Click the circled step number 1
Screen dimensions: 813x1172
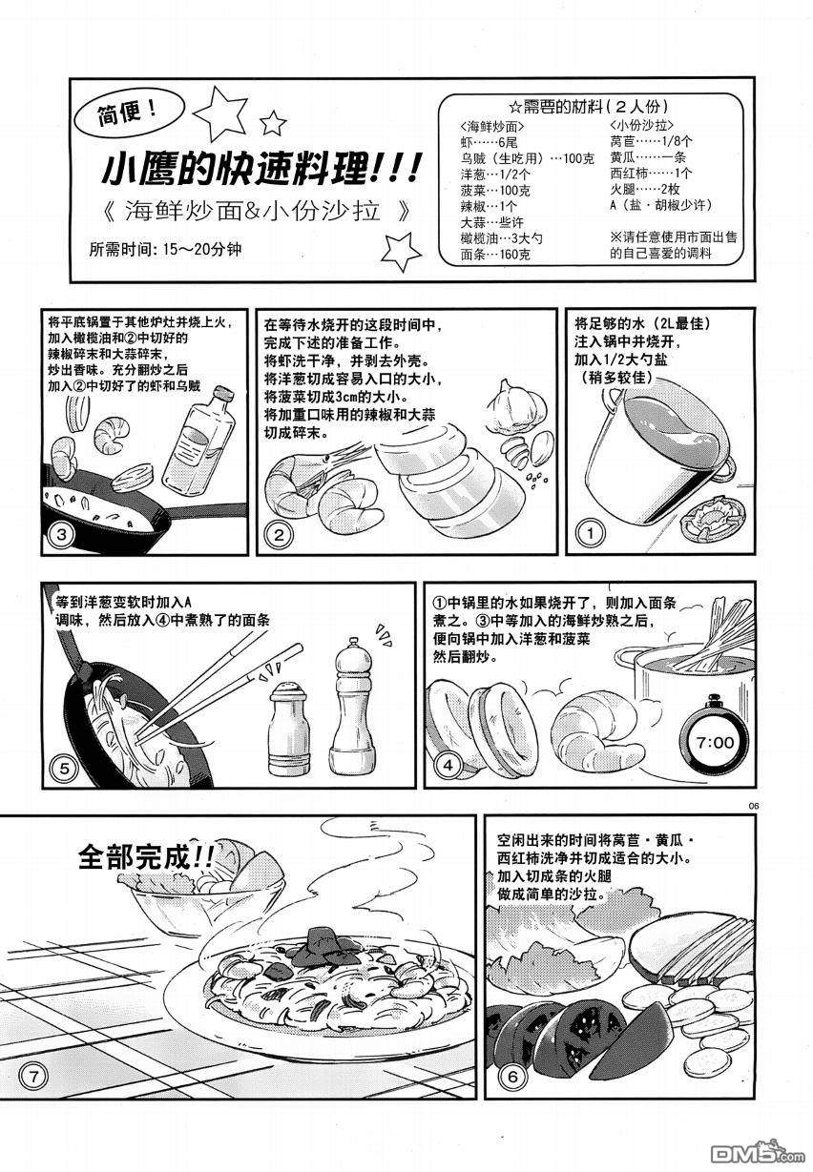tap(590, 533)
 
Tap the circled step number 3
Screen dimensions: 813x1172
tap(62, 534)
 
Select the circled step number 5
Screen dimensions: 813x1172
tap(64, 768)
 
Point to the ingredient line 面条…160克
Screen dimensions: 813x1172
tap(495, 255)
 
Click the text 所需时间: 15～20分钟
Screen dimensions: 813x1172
tap(166, 249)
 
